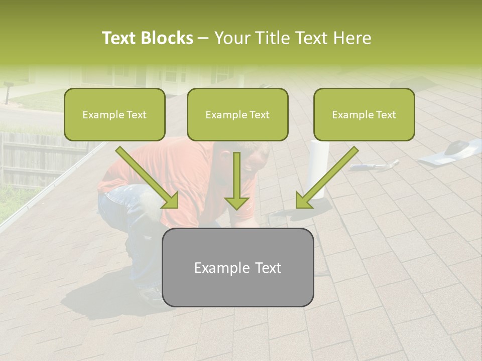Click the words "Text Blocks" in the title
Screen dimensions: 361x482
147,38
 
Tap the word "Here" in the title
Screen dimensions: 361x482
353,38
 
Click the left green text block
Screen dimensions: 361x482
114,114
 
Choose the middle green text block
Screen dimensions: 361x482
237,114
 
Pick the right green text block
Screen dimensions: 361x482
364,114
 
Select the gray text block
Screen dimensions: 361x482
237,267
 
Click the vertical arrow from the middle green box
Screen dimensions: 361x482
237,180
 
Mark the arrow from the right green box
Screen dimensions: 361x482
326,178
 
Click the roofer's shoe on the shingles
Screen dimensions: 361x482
151,296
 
